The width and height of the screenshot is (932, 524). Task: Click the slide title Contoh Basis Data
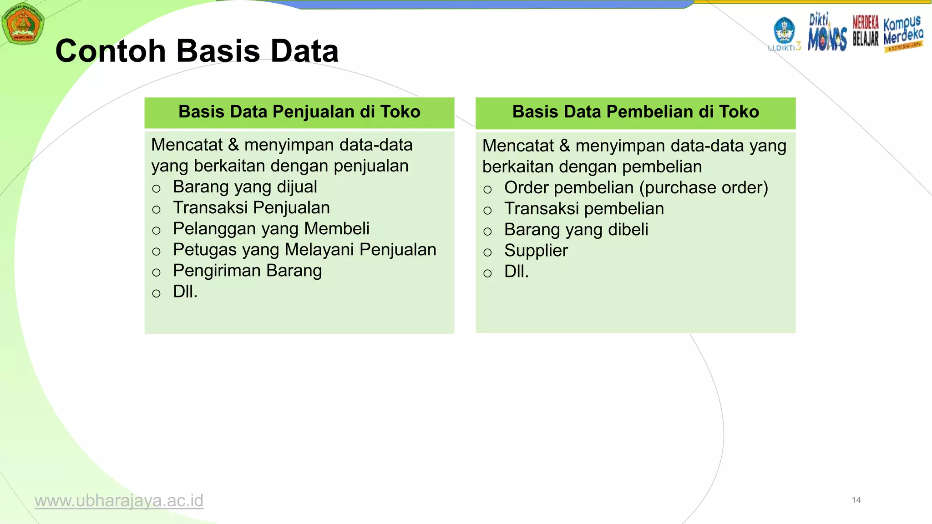tap(197, 50)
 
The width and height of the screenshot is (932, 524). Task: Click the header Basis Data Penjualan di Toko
tap(299, 112)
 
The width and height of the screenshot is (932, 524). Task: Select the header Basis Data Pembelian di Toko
tap(635, 112)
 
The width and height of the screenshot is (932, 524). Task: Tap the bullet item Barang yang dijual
tap(245, 187)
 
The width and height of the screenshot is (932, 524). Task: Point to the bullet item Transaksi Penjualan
tap(251, 208)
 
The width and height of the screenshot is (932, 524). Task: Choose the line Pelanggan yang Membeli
tap(271, 229)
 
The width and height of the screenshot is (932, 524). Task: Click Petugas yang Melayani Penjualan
tap(304, 250)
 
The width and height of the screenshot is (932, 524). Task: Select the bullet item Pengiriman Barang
tap(247, 271)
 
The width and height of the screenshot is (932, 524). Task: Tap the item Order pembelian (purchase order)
tap(636, 188)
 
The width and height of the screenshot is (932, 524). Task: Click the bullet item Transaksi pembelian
tap(584, 209)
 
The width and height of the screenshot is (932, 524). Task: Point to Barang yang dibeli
tap(576, 230)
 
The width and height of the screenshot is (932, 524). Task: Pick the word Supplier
tap(536, 251)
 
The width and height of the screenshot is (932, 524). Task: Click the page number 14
tap(856, 500)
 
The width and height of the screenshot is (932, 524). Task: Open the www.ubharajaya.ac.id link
tap(119, 501)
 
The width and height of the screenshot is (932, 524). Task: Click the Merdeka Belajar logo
tap(865, 31)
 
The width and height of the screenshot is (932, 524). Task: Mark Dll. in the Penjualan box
tap(185, 292)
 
